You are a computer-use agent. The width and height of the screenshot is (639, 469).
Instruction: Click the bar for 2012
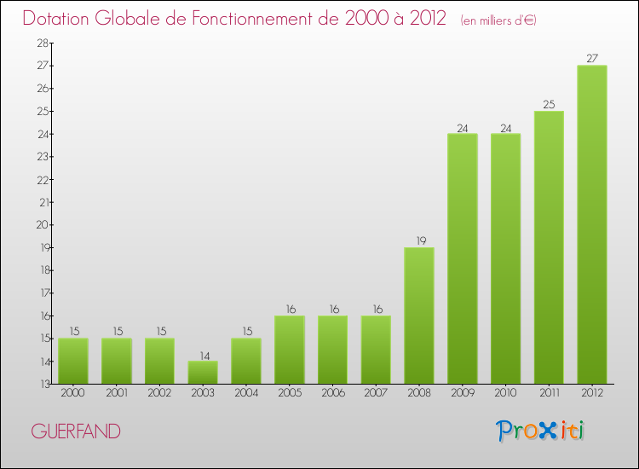point(592,224)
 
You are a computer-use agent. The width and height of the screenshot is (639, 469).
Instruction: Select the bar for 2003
point(203,373)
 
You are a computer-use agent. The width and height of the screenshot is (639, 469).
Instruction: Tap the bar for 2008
point(419,316)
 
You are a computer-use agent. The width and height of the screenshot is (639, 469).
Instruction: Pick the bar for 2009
point(462,258)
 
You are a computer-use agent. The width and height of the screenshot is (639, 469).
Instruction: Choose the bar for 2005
point(290,350)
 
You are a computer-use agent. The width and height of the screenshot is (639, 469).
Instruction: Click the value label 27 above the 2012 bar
point(592,59)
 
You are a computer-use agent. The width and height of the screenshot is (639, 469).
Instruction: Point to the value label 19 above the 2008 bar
point(419,240)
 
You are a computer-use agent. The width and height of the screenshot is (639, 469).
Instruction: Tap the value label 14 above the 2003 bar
point(203,355)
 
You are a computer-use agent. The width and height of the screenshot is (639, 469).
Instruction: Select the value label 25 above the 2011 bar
point(549,104)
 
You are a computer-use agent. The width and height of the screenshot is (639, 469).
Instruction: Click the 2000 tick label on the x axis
point(73,394)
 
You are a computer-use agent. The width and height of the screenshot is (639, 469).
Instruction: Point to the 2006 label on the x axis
point(332,394)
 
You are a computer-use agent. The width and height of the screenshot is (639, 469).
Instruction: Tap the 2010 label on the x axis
point(505,394)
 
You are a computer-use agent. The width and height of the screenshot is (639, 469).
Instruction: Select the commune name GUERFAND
point(76,431)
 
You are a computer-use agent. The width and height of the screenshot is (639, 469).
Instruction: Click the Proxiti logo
point(541,431)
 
